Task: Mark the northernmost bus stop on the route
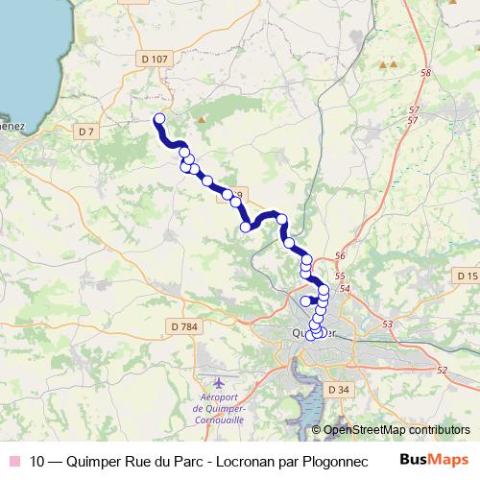pyautogui.click(x=159, y=119)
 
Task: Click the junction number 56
pyautogui.click(x=341, y=257)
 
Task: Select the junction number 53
pyautogui.click(x=388, y=325)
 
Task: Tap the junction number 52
pyautogui.click(x=442, y=370)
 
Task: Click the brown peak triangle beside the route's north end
pyautogui.click(x=202, y=120)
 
